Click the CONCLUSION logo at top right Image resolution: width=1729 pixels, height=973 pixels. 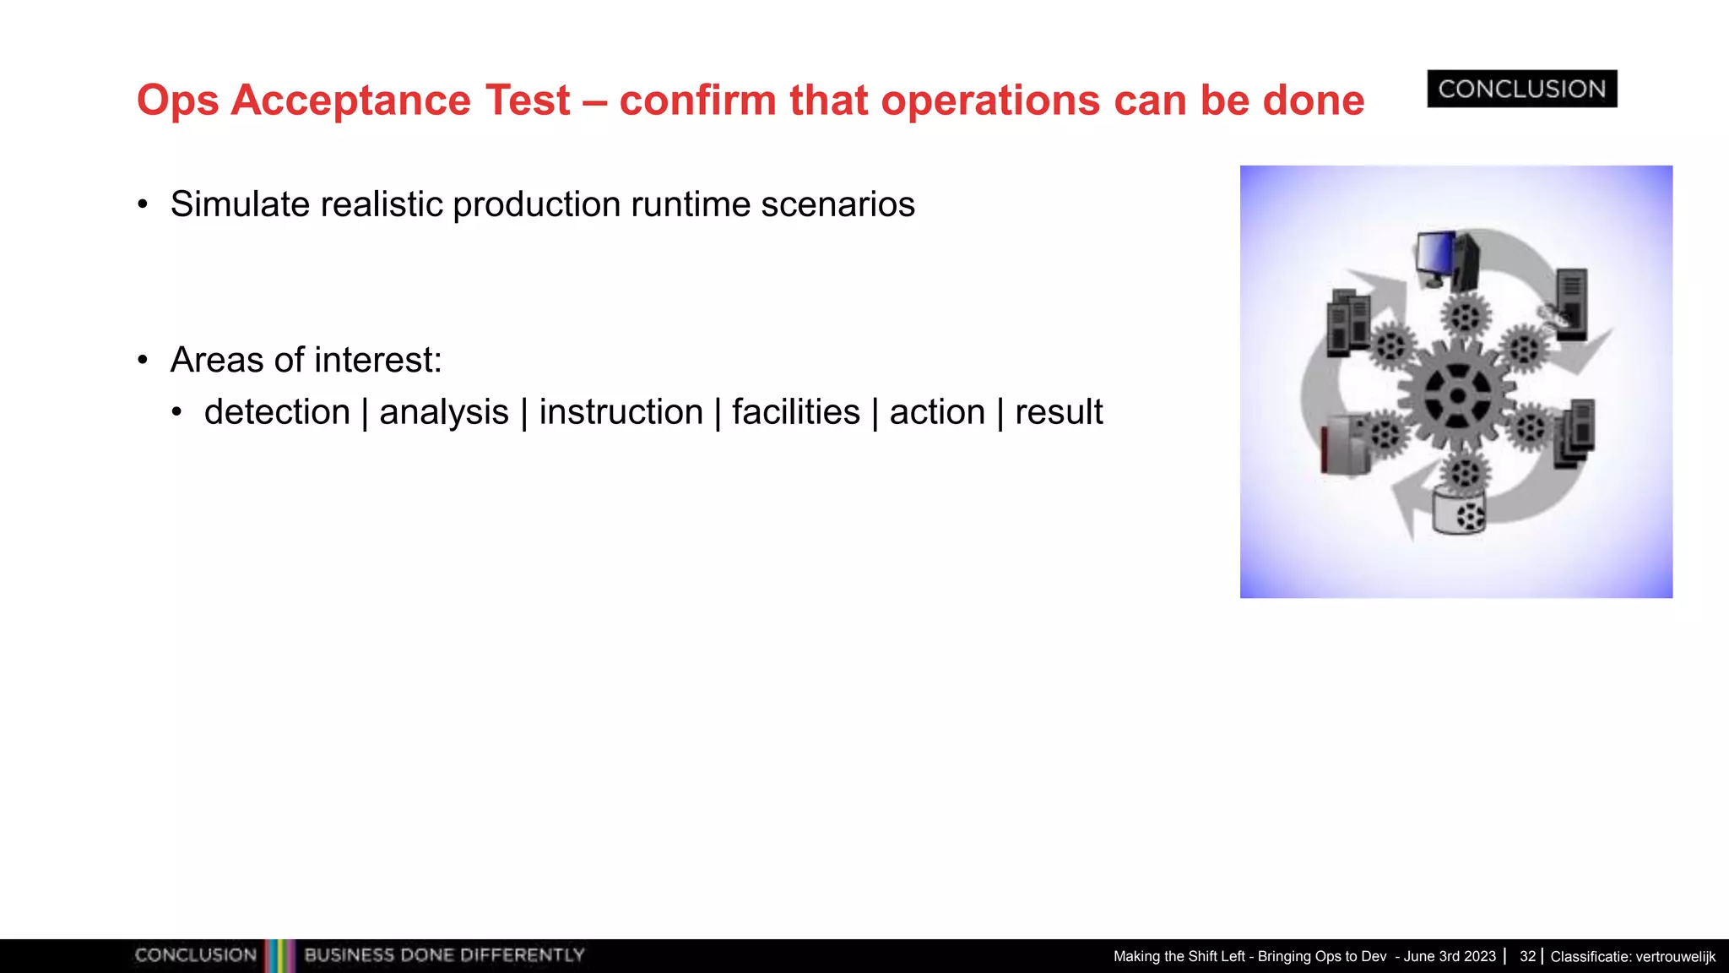point(1521,89)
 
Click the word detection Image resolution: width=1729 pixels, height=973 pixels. point(277,412)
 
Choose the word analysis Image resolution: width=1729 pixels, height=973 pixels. point(444,412)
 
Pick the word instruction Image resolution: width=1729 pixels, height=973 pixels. point(621,412)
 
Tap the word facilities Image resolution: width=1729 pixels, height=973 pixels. point(795,412)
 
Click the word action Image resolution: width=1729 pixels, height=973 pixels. point(937,412)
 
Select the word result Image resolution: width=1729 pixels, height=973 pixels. point(1059,412)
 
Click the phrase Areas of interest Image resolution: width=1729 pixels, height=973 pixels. point(306,360)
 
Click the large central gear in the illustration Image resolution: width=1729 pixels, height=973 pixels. point(1456,395)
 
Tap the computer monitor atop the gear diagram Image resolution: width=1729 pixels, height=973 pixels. point(1437,255)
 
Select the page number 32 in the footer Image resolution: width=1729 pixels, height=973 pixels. point(1527,956)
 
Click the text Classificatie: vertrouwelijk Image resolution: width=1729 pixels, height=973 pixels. point(1633,956)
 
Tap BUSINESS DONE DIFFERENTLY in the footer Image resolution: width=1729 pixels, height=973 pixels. point(444,955)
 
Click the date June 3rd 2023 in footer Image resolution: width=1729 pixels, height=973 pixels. point(1450,956)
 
